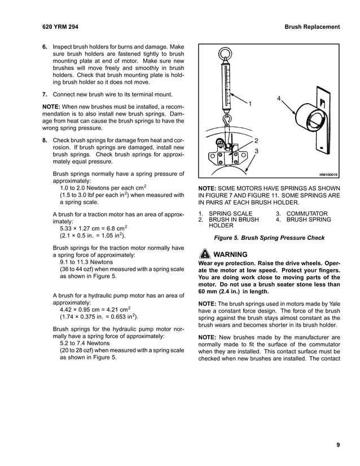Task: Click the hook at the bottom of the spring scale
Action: pos(227,118)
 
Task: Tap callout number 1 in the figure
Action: pos(250,104)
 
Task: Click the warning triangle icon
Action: pos(204,254)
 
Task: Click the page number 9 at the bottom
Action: pos(337,445)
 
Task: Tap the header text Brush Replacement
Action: pos(312,27)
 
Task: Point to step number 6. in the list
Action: pos(45,46)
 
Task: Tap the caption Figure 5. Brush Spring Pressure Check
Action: pos(269,238)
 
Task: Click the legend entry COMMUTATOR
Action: pos(307,213)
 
